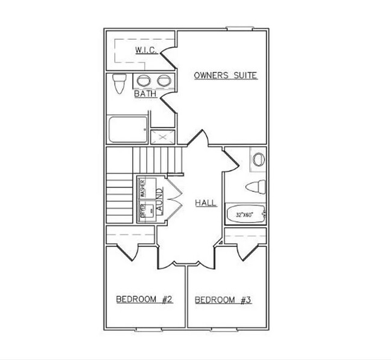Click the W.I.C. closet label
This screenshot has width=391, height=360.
146,50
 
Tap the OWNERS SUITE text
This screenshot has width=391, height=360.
226,76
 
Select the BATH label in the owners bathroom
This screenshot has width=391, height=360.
145,94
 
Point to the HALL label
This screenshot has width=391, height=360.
206,203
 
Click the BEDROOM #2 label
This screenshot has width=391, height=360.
144,299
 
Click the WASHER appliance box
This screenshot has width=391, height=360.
143,188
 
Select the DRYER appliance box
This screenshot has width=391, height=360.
143,211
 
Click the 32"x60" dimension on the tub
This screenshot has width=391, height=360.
244,215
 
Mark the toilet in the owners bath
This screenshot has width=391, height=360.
119,84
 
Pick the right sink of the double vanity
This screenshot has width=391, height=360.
164,81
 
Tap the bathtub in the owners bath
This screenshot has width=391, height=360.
128,129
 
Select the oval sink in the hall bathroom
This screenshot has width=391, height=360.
259,160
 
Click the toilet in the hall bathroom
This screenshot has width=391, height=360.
256,186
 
